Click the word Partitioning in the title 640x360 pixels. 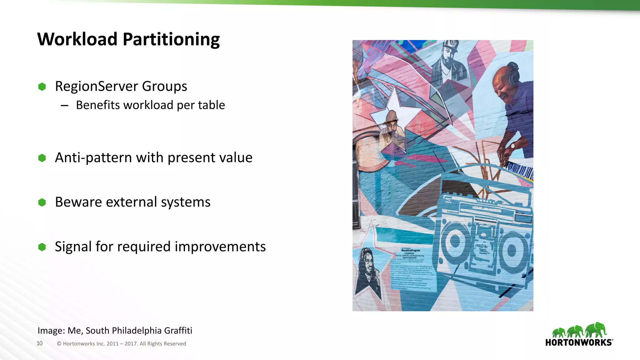[x=171, y=40]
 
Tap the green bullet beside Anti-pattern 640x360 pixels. [x=42, y=158]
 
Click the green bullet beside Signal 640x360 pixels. [x=42, y=247]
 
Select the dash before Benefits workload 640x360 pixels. [x=65, y=106]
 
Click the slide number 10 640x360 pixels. [x=39, y=343]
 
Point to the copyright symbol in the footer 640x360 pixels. [x=59, y=344]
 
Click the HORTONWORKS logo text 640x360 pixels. [x=578, y=342]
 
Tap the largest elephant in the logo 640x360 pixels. [x=596, y=330]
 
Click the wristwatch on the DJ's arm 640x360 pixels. [x=512, y=146]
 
